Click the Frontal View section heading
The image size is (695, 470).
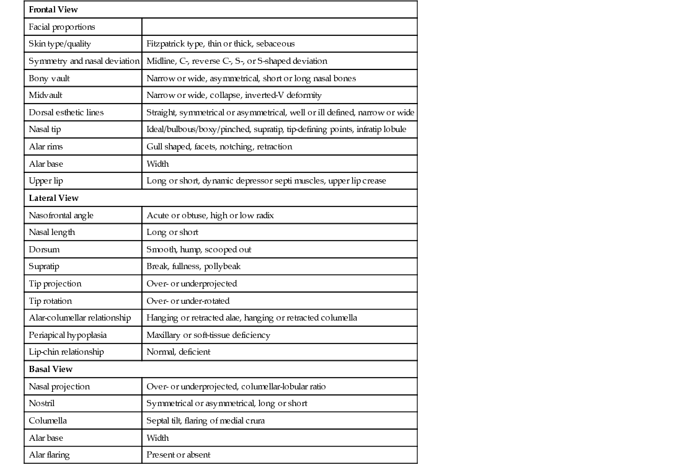pos(53,10)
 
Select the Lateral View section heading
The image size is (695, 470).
pos(53,198)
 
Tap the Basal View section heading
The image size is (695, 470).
pos(50,369)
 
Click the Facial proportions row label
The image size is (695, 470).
pos(62,27)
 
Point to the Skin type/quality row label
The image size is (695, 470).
pos(60,44)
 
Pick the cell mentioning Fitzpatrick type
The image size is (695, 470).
pos(220,44)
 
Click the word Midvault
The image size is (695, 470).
pos(45,95)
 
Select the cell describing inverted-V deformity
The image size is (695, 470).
pos(234,95)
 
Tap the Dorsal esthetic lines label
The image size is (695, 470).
pos(66,112)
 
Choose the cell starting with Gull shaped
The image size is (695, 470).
pos(219,147)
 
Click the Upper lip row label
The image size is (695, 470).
pos(46,181)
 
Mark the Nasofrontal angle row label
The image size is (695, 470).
pos(61,215)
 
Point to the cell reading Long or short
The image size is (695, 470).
pos(172,232)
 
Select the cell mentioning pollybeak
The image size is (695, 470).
pos(193,267)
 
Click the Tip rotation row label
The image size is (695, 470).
pos(50,301)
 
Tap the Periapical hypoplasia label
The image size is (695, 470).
pos(68,335)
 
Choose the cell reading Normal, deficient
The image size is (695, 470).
pos(178,352)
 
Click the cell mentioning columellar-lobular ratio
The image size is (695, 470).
pos(236,386)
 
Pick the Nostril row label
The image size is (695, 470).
pos(42,404)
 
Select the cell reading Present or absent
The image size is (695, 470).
pos(178,455)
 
